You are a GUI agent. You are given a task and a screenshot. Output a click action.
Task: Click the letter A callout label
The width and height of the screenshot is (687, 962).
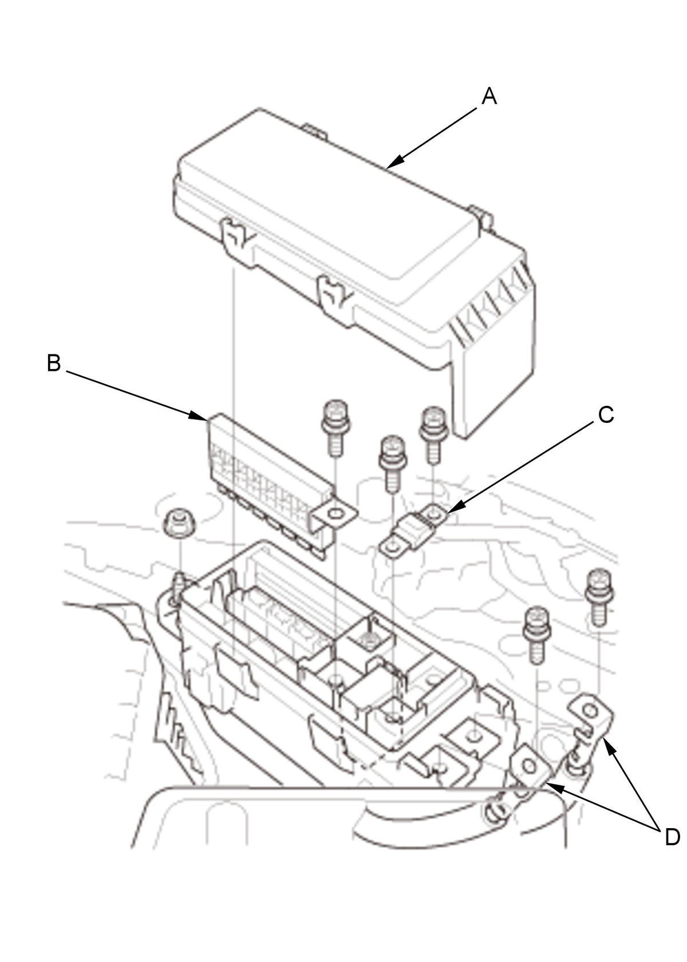tap(489, 96)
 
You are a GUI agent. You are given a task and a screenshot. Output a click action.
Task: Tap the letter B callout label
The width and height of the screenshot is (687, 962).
tap(53, 363)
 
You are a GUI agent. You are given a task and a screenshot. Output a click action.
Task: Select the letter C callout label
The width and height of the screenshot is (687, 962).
tap(606, 415)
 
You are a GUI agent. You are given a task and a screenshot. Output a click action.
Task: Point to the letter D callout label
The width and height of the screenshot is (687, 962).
tap(672, 837)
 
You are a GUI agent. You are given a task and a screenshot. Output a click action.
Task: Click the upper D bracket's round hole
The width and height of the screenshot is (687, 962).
tap(589, 711)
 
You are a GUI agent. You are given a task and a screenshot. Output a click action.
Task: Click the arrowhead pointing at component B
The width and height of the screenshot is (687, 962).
tap(200, 416)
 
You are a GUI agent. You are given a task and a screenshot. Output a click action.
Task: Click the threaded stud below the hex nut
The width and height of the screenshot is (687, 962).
tap(179, 587)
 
